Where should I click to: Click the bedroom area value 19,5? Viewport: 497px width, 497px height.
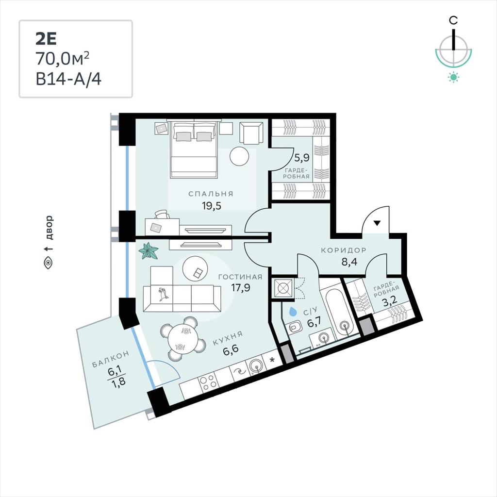[212, 206]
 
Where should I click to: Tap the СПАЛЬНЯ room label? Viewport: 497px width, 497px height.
[211, 194]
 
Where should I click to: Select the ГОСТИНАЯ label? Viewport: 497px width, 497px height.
[240, 277]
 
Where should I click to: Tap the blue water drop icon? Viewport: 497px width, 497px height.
[293, 312]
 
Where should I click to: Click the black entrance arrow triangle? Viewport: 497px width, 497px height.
[377, 223]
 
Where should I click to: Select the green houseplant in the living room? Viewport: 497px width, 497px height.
[149, 251]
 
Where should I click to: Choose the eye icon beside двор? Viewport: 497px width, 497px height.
[48, 263]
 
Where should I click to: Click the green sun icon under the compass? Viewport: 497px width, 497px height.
[454, 77]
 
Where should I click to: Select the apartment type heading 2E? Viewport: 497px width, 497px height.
[46, 39]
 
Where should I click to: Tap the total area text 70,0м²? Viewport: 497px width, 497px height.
[62, 58]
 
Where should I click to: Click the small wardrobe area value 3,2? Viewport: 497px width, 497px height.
[390, 301]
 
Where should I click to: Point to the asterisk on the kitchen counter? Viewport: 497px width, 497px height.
[272, 360]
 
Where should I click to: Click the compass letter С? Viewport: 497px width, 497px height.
[453, 20]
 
